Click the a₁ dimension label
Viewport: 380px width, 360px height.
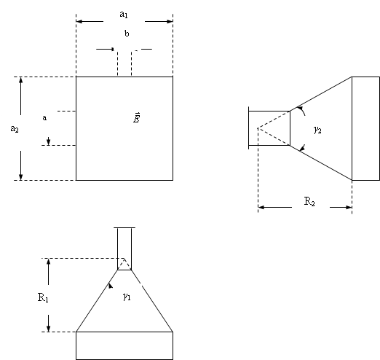point(124,15)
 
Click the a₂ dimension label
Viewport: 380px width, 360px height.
point(15,129)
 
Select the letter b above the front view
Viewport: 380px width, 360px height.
point(127,34)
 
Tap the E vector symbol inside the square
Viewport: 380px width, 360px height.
point(137,118)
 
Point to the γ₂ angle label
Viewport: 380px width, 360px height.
point(317,130)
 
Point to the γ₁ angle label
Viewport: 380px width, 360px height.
point(127,297)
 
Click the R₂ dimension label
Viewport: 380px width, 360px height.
point(309,201)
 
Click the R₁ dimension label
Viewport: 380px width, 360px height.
point(43,297)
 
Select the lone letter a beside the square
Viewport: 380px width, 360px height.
point(44,118)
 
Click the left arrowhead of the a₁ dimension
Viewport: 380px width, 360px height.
point(79,22)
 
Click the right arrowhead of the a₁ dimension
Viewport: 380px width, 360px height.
point(170,22)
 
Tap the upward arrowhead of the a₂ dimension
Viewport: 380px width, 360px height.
point(21,80)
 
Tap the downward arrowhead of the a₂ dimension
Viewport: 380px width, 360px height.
point(21,177)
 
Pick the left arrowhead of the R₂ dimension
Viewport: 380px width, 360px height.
point(261,207)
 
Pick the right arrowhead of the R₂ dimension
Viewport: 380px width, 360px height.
point(349,207)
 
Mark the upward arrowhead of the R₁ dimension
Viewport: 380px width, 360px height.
point(49,262)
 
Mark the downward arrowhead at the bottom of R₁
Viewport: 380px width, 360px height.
point(49,329)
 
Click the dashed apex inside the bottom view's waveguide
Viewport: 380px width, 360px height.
point(124,259)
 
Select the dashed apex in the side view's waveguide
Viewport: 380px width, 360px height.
point(258,128)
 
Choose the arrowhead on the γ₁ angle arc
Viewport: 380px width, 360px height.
point(111,286)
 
